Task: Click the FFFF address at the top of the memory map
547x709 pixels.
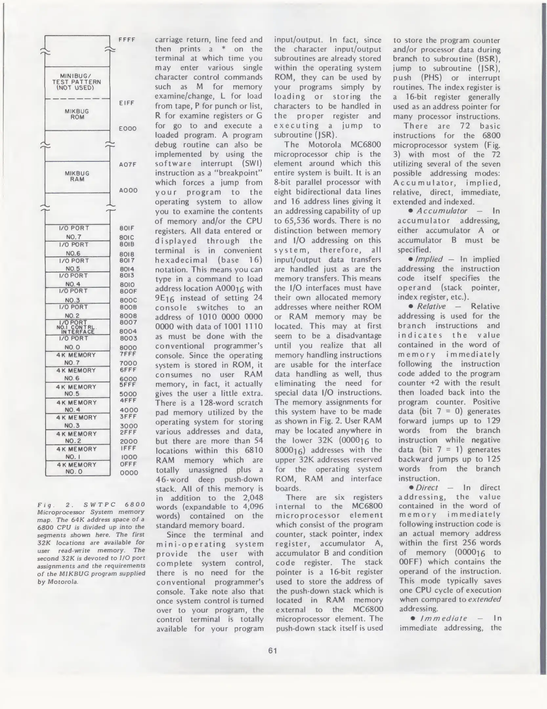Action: [127, 40]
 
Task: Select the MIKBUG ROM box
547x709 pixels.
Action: [77, 114]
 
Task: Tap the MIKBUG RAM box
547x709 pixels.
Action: [77, 177]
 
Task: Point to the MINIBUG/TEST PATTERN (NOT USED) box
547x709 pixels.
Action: [77, 82]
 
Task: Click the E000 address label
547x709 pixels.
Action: [128, 129]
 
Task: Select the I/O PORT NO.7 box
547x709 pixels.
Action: [77, 232]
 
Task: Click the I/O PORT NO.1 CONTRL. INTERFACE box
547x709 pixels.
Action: [77, 327]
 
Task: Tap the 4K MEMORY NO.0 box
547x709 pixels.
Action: [77, 468]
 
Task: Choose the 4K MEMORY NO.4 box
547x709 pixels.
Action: [77, 406]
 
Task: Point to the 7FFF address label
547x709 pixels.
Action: [128, 354]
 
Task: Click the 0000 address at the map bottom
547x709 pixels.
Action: [129, 473]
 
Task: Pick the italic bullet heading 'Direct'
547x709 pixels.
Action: [427, 487]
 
